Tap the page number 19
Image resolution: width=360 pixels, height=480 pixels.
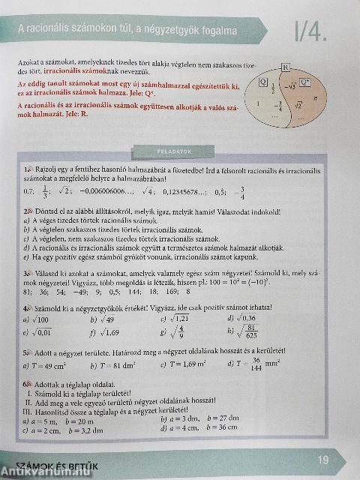tap(323, 459)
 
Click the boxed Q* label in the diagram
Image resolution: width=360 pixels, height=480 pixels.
tap(304, 82)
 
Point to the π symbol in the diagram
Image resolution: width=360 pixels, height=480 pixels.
tap(315, 97)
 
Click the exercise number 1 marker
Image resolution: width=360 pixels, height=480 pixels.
tap(27, 170)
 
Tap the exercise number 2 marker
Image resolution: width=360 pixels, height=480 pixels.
tap(27, 212)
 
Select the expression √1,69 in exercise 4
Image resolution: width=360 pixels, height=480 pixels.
tap(108, 334)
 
